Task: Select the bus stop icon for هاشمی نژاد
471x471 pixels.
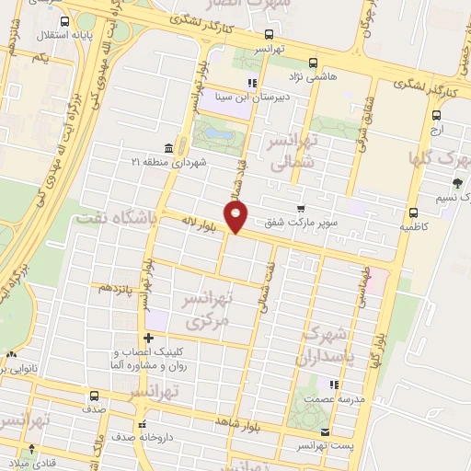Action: (x=314, y=63)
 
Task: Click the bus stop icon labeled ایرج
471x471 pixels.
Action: (x=437, y=116)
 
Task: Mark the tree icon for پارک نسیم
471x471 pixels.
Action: (x=458, y=183)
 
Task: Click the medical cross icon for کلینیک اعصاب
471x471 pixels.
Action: (x=148, y=338)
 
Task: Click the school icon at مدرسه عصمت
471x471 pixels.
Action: (x=335, y=385)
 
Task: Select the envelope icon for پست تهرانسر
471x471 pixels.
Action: (x=324, y=431)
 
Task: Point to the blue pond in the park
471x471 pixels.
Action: (x=218, y=134)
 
